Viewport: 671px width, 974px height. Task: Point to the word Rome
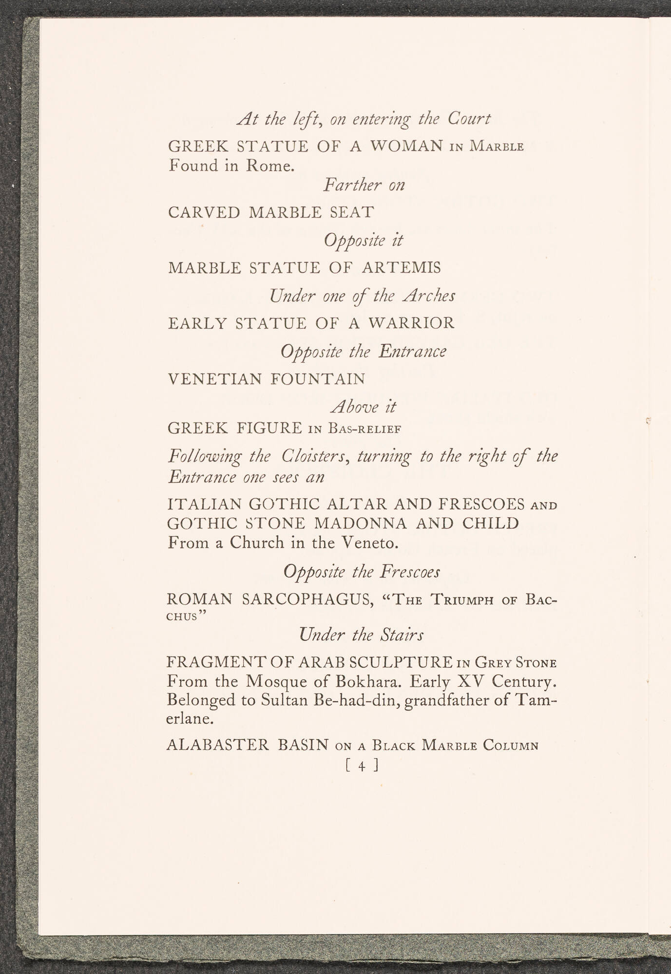coord(270,166)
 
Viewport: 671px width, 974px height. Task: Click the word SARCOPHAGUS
coord(307,599)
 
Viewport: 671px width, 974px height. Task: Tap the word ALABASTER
coord(218,746)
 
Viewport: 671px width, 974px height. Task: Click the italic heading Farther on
coord(364,185)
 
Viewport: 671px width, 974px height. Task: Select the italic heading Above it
coord(364,406)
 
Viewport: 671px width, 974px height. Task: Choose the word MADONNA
coord(357,523)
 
